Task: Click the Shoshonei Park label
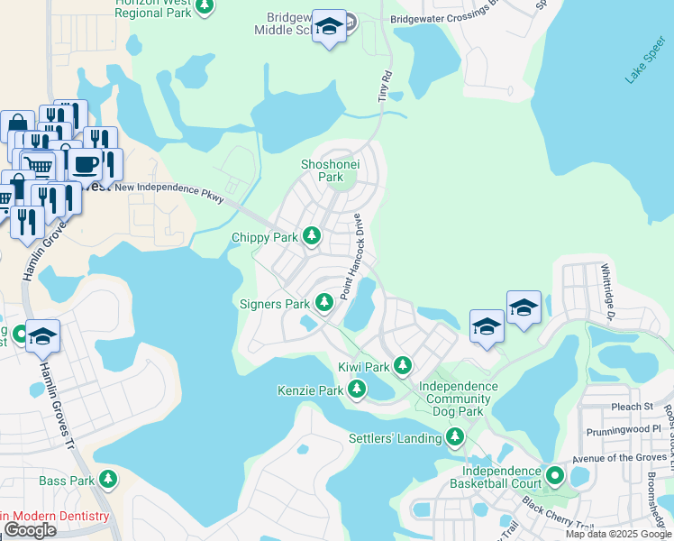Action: pyautogui.click(x=322, y=170)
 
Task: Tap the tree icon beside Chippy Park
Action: pyautogui.click(x=312, y=236)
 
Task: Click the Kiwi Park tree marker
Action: pyautogui.click(x=402, y=366)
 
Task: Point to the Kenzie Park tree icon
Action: pyautogui.click(x=357, y=390)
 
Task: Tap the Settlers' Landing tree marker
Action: pyautogui.click(x=455, y=438)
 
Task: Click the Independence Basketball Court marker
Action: pyautogui.click(x=555, y=474)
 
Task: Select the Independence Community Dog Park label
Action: pyautogui.click(x=459, y=399)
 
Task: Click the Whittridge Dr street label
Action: pyautogui.click(x=608, y=292)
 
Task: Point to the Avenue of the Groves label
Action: pyautogui.click(x=617, y=457)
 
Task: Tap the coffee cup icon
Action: pyautogui.click(x=87, y=164)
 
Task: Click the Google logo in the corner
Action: pyautogui.click(x=30, y=530)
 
